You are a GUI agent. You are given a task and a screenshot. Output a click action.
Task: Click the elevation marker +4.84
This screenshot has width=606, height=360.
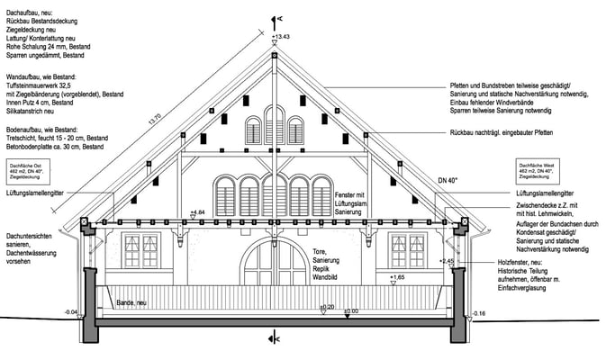point(199,211)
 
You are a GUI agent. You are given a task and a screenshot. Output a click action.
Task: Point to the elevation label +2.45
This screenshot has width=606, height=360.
point(448,260)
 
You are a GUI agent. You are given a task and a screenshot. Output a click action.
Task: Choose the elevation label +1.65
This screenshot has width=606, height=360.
point(397,278)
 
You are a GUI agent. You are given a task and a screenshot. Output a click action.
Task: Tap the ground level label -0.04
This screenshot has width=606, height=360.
point(71,311)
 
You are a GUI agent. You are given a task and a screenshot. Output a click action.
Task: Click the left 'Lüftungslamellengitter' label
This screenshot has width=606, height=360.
point(33,193)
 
